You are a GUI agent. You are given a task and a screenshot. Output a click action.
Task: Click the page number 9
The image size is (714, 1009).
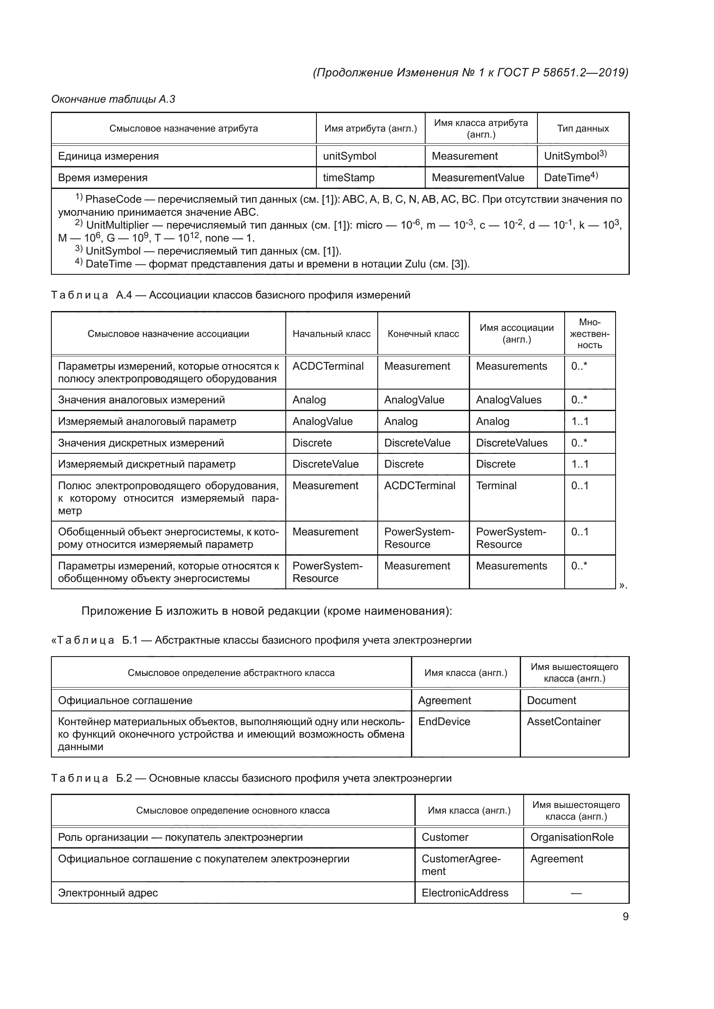pos(625,916)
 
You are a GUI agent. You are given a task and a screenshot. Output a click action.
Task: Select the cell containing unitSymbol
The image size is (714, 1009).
pos(350,156)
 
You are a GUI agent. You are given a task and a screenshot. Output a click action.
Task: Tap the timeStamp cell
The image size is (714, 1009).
pos(349,178)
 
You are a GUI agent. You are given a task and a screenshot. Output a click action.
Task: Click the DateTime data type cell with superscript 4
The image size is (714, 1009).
pos(571,177)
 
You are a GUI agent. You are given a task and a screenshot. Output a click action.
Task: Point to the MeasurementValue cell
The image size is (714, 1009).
pos(478,178)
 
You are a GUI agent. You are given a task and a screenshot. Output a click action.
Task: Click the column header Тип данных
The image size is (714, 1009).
pos(582,128)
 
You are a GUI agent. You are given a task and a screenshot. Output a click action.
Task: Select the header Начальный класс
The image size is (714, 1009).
pos(332,333)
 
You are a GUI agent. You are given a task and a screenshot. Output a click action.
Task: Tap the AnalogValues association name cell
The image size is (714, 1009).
pos(509,400)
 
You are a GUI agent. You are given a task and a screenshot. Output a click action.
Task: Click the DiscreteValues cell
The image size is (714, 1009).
pos(512,443)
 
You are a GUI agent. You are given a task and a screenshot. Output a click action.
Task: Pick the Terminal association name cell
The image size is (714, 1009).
pos(496,486)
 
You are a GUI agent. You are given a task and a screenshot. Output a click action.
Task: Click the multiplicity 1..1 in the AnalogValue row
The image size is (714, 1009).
pos(580,421)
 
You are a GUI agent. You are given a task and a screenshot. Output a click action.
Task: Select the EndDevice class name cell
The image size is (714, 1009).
pos(444,722)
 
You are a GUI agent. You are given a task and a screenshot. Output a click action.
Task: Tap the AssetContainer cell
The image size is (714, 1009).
pos(564,722)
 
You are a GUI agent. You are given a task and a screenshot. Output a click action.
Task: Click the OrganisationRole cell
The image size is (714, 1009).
pos(572,837)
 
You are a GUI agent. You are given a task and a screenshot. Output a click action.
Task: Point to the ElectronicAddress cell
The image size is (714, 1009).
pos(465,893)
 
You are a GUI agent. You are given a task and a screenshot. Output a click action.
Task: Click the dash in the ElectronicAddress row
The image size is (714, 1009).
pos(576,893)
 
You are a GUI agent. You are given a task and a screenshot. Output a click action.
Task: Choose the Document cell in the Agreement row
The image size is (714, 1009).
pos(551,701)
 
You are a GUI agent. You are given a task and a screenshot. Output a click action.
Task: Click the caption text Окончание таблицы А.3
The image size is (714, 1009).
pos(113,99)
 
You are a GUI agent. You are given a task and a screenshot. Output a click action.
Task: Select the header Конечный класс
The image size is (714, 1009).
pos(423,333)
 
